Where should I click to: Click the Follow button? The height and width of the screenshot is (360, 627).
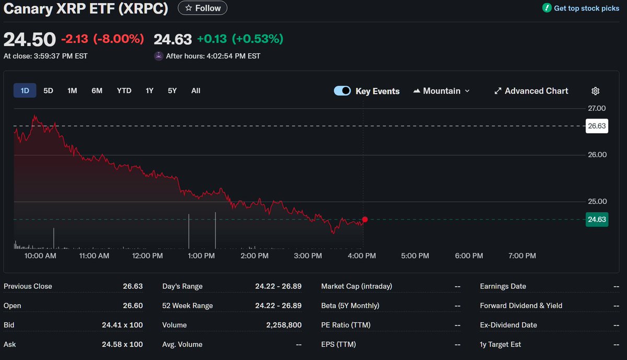(203, 8)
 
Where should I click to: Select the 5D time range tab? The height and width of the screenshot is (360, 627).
(48, 91)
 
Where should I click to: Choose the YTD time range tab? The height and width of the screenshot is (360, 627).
(124, 91)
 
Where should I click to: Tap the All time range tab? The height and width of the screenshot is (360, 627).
(195, 91)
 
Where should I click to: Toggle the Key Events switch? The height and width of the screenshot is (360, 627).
(342, 91)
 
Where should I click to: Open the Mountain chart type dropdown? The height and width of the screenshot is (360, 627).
(442, 91)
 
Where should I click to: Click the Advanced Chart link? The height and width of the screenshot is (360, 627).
(531, 91)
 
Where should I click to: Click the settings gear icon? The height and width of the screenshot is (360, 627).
(595, 91)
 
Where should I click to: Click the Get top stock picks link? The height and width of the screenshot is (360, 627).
(580, 8)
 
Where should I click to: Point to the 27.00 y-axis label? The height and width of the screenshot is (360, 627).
(597, 109)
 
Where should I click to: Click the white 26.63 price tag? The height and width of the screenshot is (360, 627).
(597, 126)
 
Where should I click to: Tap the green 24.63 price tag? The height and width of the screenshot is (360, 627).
(597, 219)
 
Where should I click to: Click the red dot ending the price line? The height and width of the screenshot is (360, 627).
(365, 219)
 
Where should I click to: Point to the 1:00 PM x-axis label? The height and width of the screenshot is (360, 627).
(201, 256)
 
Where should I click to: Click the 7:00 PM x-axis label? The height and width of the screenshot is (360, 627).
(522, 256)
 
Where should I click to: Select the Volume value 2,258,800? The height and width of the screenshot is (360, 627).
(284, 325)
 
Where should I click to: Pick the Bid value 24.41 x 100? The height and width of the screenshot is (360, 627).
(122, 325)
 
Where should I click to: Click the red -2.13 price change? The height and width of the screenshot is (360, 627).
(75, 39)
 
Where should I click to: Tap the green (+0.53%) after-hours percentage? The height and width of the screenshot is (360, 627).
(258, 39)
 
